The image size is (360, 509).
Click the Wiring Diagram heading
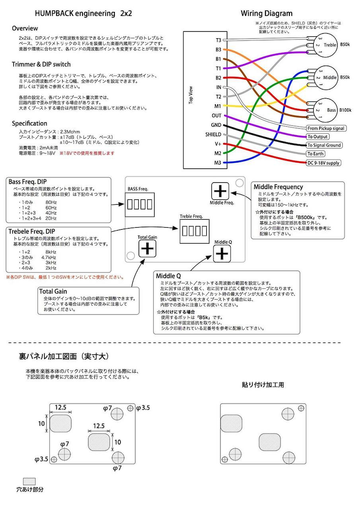coord(267,13)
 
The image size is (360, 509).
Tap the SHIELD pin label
coord(213,134)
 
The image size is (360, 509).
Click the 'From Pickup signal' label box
coord(326,128)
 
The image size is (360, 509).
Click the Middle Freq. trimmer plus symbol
coord(220,191)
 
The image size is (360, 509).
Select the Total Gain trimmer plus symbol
coord(147,248)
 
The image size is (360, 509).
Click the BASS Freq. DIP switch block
coord(138,204)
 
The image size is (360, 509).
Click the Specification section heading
coord(29,123)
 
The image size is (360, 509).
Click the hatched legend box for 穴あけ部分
coord(30,481)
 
